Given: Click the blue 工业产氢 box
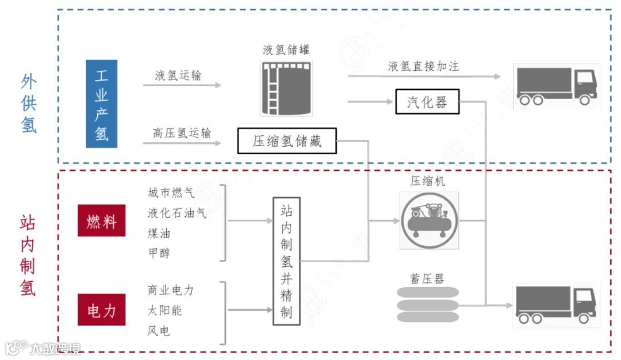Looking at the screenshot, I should (102, 104).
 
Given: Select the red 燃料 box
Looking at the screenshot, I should (102, 220).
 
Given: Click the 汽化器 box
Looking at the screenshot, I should (427, 102).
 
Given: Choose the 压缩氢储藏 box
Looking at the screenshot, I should (287, 141).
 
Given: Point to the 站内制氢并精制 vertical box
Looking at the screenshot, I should (286, 261).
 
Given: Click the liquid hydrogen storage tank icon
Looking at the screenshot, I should (286, 88).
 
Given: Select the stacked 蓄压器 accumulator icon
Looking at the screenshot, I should (428, 303).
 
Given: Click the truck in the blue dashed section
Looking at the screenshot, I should (556, 86).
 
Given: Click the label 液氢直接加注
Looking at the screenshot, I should (424, 66).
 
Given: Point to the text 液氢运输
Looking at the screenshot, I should (178, 75).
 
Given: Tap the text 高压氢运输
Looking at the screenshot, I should (182, 133).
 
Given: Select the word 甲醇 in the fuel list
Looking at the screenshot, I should (159, 253).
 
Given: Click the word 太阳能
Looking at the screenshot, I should (165, 311).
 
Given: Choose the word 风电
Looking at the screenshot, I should (159, 331).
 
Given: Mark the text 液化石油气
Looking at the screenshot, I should (177, 213).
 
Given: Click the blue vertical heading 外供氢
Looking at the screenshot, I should (29, 104).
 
